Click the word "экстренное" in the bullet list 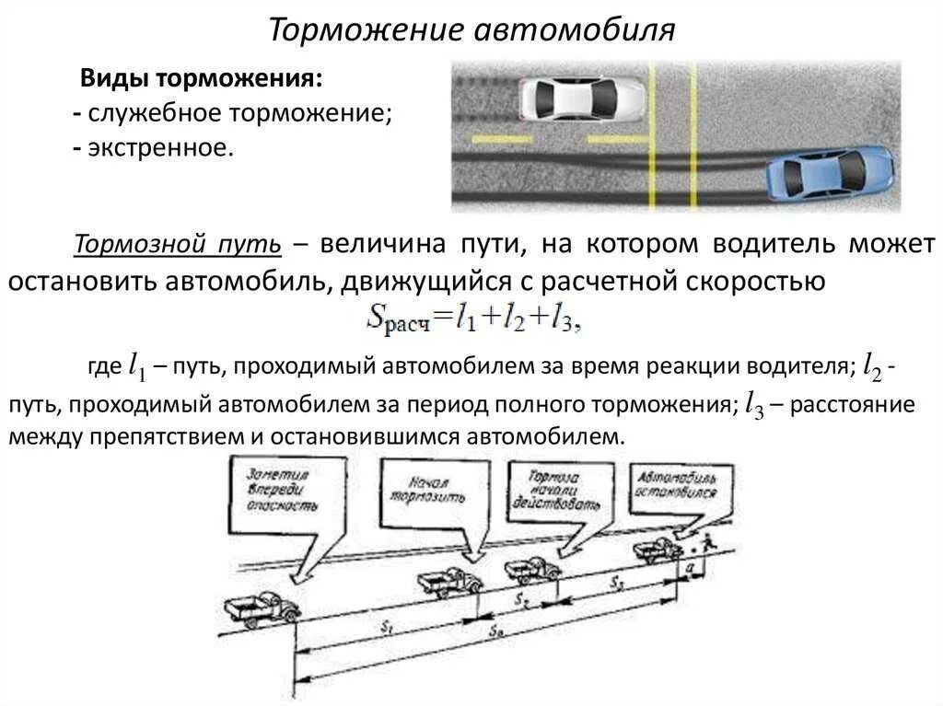point(160,147)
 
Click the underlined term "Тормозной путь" point(177,244)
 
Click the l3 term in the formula point(564,318)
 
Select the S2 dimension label point(521,601)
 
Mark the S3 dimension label point(615,582)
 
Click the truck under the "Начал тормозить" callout point(448,582)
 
